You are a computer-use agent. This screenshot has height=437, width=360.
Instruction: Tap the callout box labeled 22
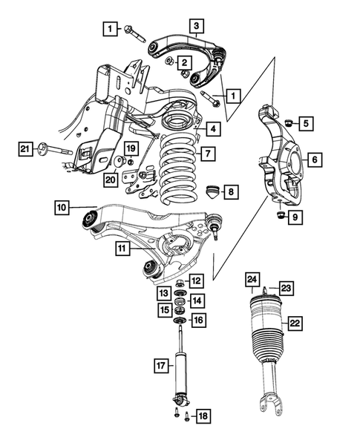pos(295,323)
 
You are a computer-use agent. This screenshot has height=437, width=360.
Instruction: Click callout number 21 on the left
pos(26,151)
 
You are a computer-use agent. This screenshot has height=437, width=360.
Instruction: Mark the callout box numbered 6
pos(314,159)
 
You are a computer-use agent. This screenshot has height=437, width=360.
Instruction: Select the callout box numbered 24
pos(252,280)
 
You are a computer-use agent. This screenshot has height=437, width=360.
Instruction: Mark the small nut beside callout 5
pos(286,122)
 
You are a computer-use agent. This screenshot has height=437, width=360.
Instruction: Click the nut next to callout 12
pos(180,283)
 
